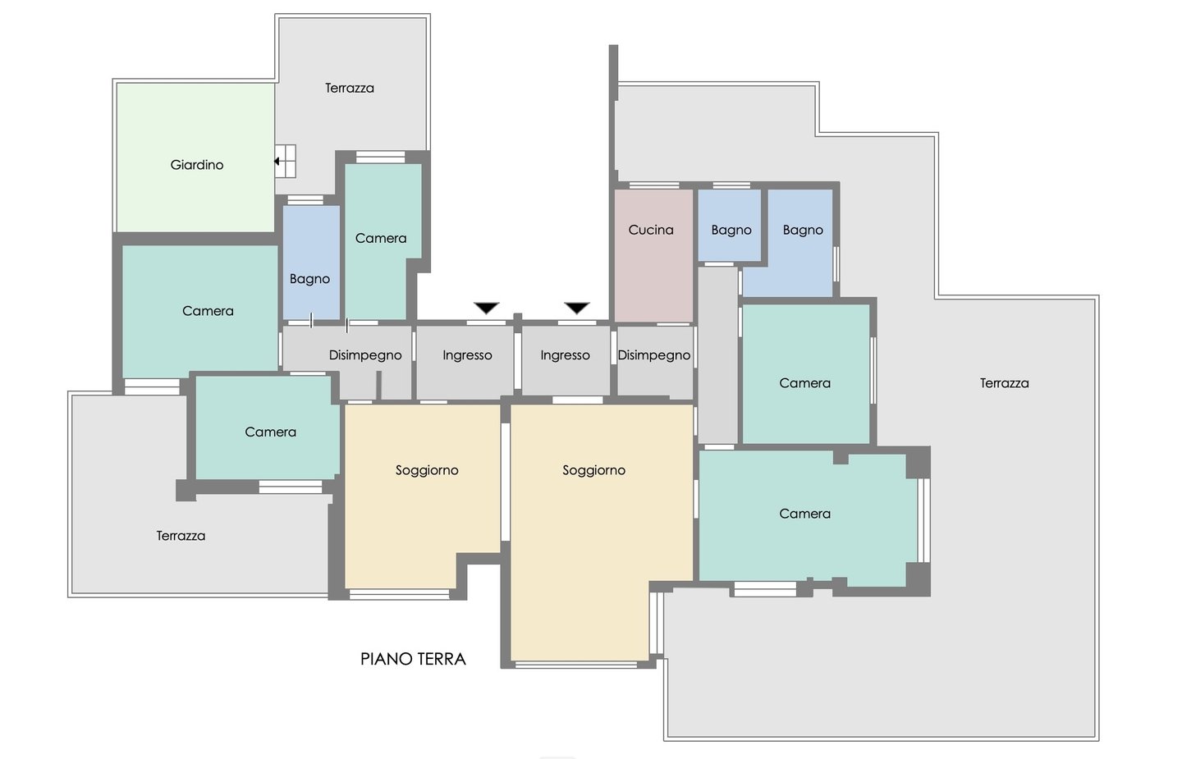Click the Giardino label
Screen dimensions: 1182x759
tap(197, 165)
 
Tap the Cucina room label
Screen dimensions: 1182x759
tap(651, 230)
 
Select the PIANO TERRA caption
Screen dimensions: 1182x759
tap(413, 659)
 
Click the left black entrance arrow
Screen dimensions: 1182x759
tap(486, 308)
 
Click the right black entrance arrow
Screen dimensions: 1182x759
tap(577, 308)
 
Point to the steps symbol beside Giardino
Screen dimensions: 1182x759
tap(285, 162)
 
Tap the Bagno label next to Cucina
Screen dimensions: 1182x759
tap(731, 230)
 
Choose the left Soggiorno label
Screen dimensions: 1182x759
tap(427, 470)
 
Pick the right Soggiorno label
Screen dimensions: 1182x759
tap(593, 470)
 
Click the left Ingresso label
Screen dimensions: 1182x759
tap(467, 355)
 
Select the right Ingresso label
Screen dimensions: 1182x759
tap(565, 355)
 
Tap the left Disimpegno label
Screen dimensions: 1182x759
tap(365, 355)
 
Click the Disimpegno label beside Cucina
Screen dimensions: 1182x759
tap(653, 355)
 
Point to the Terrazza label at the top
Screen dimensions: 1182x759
tap(350, 88)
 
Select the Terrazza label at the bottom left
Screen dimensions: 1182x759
tap(181, 536)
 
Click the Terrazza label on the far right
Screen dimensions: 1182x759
tap(1004, 383)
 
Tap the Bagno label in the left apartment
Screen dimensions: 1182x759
tap(309, 279)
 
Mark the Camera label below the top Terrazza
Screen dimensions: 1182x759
tap(381, 239)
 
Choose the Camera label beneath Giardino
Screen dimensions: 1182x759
tap(208, 311)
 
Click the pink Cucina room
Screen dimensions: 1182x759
tap(653, 255)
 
